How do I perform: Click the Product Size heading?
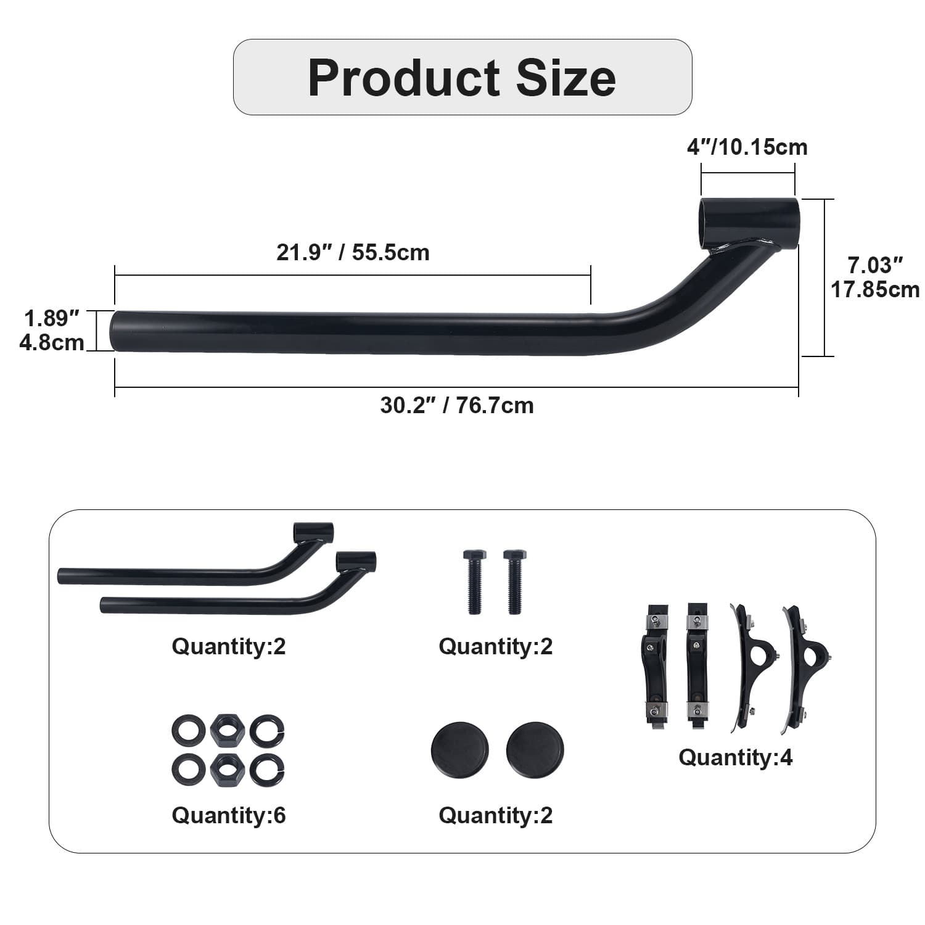tap(462, 78)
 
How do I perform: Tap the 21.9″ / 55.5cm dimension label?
tap(353, 253)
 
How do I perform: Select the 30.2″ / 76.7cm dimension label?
tap(457, 406)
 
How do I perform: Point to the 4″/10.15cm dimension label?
tap(747, 147)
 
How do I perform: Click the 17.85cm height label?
tap(875, 289)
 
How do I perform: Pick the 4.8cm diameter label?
tap(52, 342)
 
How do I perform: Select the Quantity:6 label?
tap(229, 815)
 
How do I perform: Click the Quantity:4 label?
tap(736, 757)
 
